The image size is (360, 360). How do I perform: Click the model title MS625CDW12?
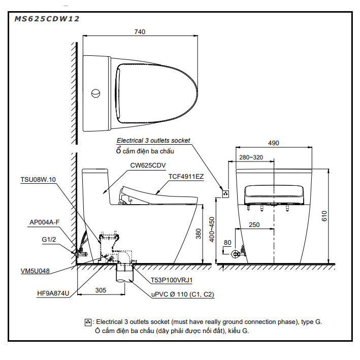pyautogui.click(x=47, y=19)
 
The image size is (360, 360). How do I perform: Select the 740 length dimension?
pyautogui.click(x=140, y=31)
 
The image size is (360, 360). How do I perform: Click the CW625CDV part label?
pyautogui.click(x=148, y=165)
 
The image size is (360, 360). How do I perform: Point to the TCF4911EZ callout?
pyautogui.click(x=186, y=177)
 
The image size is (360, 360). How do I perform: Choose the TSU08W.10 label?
pyautogui.click(x=38, y=179)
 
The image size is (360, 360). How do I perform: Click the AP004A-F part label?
pyautogui.click(x=45, y=222)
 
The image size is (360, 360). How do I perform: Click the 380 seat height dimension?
pyautogui.click(x=200, y=234)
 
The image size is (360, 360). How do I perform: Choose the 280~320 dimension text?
pyautogui.click(x=251, y=157)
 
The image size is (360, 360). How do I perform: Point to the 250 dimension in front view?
pyautogui.click(x=254, y=224)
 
